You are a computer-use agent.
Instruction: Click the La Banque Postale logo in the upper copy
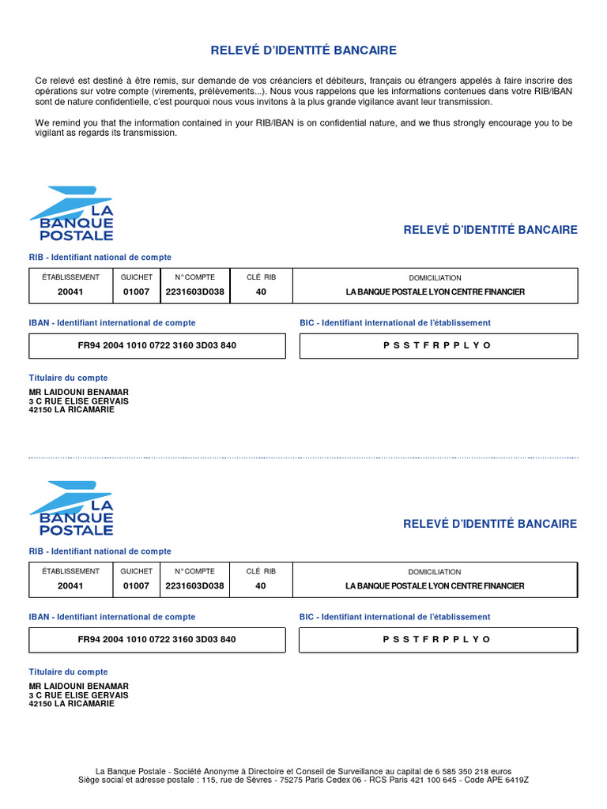pos(72,213)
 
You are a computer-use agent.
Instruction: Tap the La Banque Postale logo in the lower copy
pos(72,508)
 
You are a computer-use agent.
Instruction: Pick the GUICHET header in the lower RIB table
pos(136,571)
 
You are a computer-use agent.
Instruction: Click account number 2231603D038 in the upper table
pos(194,292)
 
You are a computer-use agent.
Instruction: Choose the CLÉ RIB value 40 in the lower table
pos(261,586)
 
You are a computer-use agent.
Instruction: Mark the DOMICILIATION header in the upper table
pos(435,278)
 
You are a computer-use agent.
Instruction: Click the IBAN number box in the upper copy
pos(157,345)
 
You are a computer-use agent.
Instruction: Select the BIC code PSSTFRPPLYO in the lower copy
pos(437,639)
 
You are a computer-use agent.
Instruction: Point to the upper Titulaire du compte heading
pos(69,378)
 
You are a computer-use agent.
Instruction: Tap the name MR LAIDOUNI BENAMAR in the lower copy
pos(78,687)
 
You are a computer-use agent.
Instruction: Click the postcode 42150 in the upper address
pos(40,409)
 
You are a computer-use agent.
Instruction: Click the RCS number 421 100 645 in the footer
pos(430,780)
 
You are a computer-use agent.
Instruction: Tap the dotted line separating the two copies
pos(303,457)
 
